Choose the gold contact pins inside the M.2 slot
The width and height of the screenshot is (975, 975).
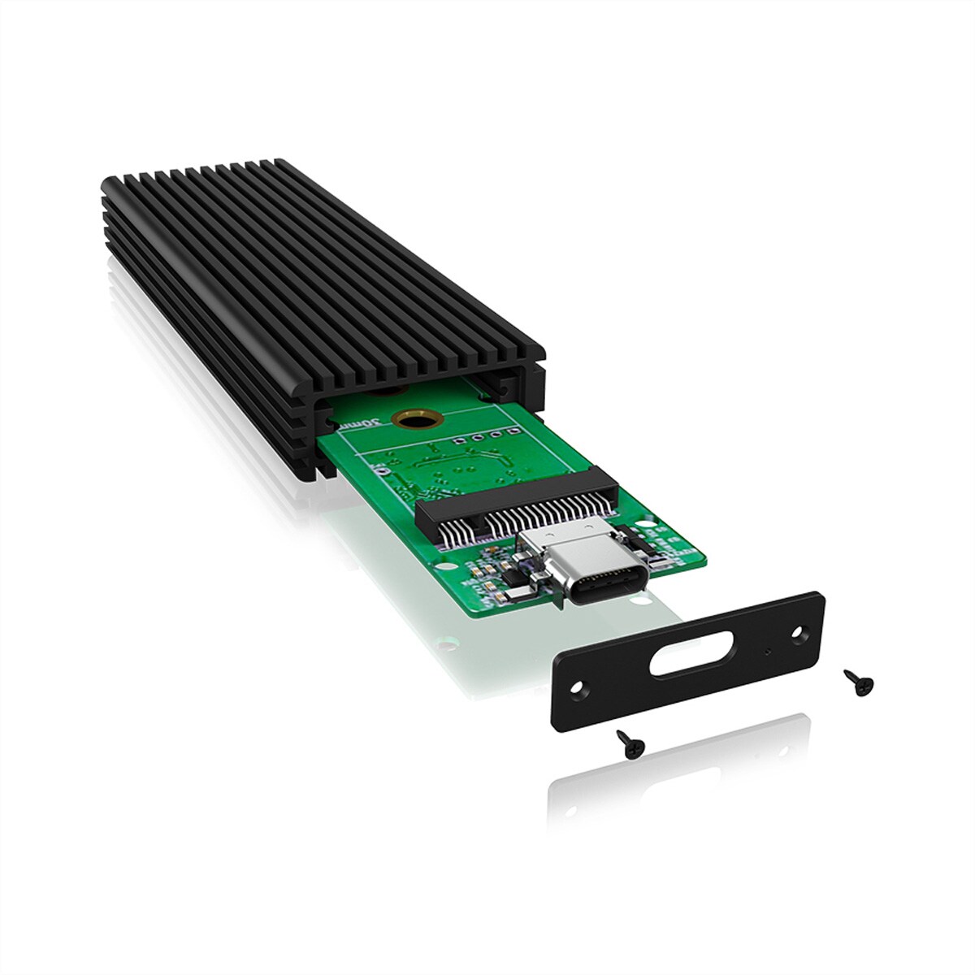pyautogui.click(x=520, y=520)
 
